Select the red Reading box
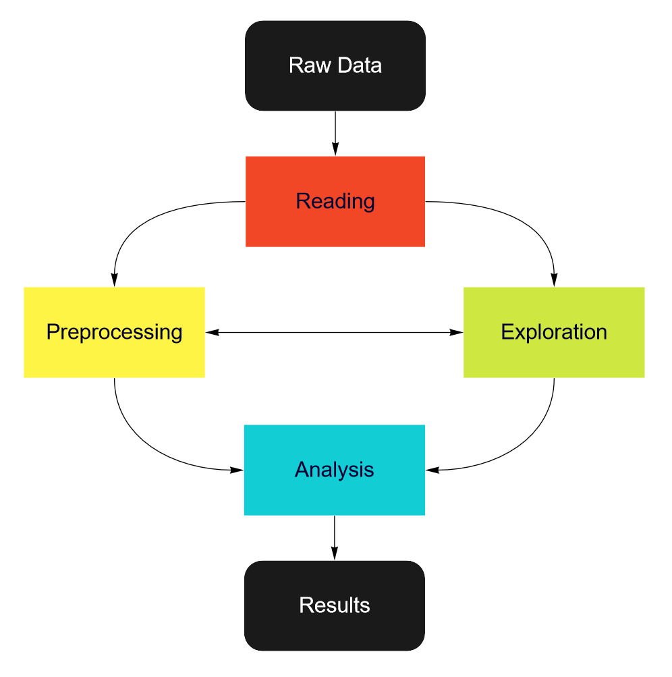[335, 223]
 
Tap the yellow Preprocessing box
[114, 354]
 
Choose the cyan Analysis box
[335, 493]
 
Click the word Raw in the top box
[304, 65]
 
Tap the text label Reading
[335, 201]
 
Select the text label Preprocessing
[114, 332]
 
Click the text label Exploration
[554, 332]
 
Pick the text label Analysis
[335, 469]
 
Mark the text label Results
[335, 605]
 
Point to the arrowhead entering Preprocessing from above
[114, 281]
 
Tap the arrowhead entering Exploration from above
[555, 281]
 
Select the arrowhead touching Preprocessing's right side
[211, 332]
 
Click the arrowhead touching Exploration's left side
[457, 332]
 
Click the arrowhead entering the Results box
[335, 554]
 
